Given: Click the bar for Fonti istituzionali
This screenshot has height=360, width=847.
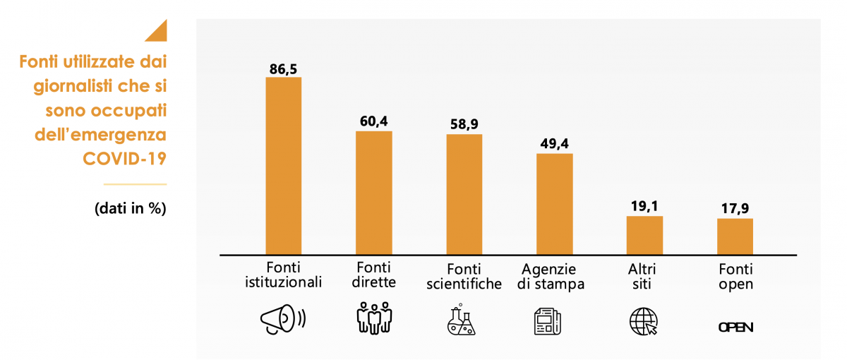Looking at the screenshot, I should pyautogui.click(x=283, y=166).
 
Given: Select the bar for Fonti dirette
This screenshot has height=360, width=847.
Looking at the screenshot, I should pyautogui.click(x=373, y=193).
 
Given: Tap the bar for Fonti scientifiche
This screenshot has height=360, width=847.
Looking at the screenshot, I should pyautogui.click(x=464, y=194).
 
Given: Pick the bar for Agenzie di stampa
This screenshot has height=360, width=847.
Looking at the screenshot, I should pyautogui.click(x=555, y=204).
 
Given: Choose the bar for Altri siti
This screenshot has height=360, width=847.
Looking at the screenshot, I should pyautogui.click(x=645, y=235).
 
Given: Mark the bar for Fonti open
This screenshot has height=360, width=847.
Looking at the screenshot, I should pyautogui.click(x=735, y=236).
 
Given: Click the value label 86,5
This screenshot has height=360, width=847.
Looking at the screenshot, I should pyautogui.click(x=283, y=68).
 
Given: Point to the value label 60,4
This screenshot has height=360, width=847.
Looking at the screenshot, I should pyautogui.click(x=373, y=122).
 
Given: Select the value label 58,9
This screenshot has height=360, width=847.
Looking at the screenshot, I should pyautogui.click(x=464, y=125).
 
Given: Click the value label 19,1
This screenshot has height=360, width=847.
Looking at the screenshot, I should pyautogui.click(x=645, y=207).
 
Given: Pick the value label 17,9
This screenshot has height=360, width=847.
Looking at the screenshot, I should pyautogui.click(x=735, y=210).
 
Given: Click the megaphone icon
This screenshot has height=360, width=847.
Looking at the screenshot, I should pyautogui.click(x=282, y=320).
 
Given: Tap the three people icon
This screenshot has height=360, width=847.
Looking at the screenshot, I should pyautogui.click(x=373, y=318).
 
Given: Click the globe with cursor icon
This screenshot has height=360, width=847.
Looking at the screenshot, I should pyautogui.click(x=643, y=321).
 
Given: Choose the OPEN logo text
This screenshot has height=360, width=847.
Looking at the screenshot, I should pyautogui.click(x=735, y=327).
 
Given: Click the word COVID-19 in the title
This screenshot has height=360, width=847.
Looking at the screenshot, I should pyautogui.click(x=124, y=158).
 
